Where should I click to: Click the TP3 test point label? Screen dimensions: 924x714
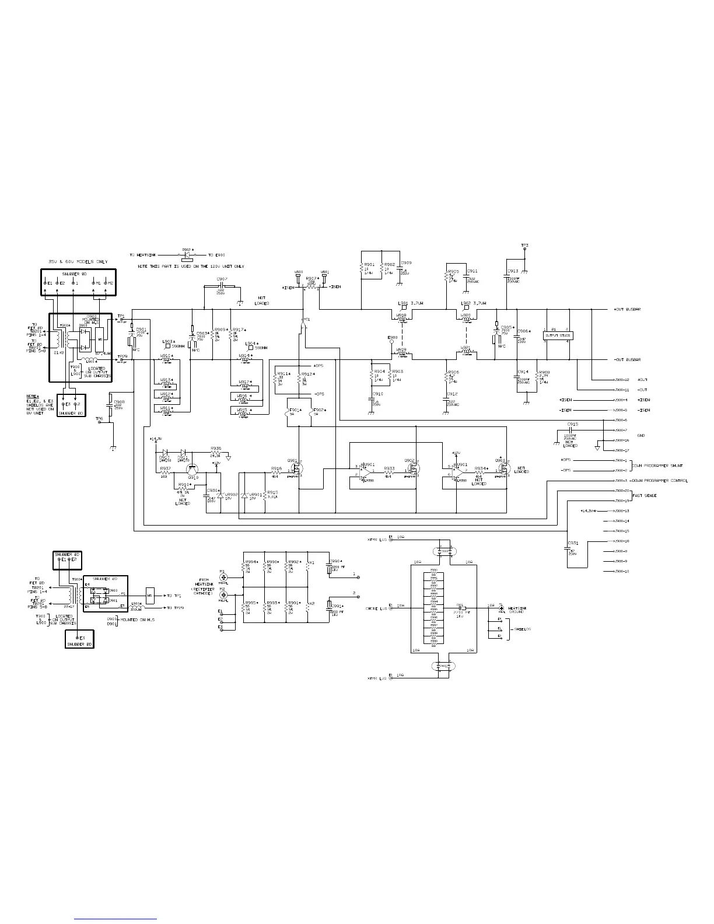(524, 245)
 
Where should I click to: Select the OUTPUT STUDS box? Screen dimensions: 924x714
(558, 335)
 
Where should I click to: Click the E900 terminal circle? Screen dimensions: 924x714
(392, 343)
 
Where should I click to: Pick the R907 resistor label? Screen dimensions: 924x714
(311, 278)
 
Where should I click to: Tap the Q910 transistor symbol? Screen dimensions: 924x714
(194, 469)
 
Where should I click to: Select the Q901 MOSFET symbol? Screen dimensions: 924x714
(296, 469)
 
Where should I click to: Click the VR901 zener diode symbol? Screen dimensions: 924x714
(245, 496)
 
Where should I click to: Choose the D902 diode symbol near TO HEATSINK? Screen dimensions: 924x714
(187, 255)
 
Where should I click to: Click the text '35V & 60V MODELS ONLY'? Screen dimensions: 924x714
(78, 262)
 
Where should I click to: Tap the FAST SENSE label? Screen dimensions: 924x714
(645, 495)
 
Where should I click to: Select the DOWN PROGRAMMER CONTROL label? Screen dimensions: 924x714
(659, 481)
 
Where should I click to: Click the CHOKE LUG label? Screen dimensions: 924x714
(377, 608)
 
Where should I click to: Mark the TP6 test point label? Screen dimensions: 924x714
(99, 419)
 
